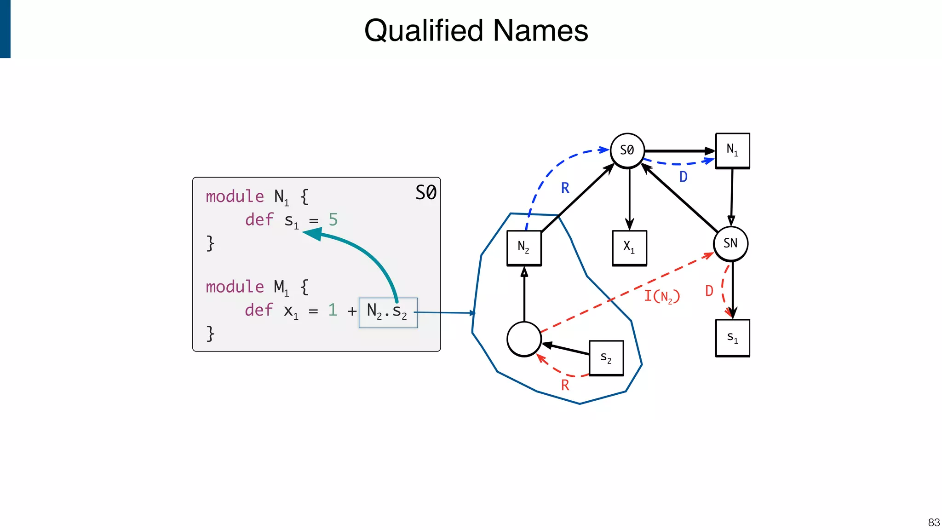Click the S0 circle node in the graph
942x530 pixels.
[x=627, y=150]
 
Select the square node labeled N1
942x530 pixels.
[x=732, y=150]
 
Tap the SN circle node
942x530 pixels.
[x=730, y=243]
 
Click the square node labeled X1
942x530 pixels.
[x=629, y=248]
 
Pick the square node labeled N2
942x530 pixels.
[x=524, y=248]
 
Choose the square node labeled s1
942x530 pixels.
[x=732, y=338]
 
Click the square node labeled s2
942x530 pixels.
[x=606, y=358]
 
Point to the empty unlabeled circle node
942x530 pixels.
[x=524, y=339]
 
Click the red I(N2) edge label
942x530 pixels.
[x=661, y=296]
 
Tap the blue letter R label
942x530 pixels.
[x=565, y=188]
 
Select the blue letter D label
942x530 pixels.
[x=683, y=177]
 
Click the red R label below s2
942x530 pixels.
[x=565, y=385]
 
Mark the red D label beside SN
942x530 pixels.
[x=709, y=291]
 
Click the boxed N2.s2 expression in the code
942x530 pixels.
[x=388, y=312]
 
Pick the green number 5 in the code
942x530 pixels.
[x=333, y=220]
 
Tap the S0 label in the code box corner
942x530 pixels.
[x=425, y=192]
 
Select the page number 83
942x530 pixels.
[x=933, y=523]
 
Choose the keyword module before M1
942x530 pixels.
[x=235, y=287]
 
